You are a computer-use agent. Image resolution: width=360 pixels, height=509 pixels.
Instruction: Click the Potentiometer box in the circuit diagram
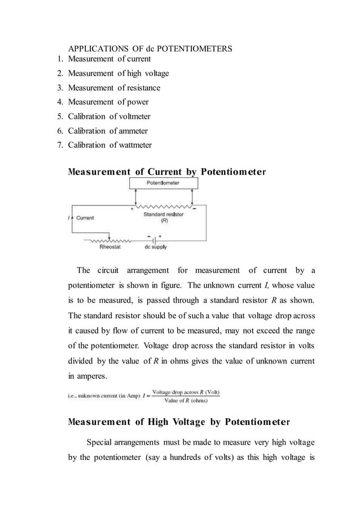coord(163,183)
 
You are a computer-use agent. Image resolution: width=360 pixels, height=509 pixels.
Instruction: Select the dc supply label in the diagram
coord(155,247)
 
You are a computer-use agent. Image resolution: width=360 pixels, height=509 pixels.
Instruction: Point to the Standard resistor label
coord(162,217)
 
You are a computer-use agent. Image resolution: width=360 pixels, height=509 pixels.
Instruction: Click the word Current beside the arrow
coord(85,217)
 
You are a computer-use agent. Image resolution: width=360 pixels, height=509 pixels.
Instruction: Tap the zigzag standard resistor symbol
coord(164,206)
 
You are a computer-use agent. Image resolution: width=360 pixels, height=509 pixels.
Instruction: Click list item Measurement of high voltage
coord(118,73)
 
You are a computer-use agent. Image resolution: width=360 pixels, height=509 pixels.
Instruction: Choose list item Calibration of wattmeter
coord(109,145)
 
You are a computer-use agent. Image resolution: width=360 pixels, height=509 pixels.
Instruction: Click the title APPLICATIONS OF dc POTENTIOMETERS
coord(150,49)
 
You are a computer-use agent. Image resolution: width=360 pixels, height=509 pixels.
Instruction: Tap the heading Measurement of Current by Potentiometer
coord(166,172)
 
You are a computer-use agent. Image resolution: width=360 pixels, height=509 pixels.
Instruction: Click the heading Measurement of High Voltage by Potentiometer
coord(179,422)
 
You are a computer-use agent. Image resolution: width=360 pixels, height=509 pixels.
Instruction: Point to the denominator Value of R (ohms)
coord(186,401)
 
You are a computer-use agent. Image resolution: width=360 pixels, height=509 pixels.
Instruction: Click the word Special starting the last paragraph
coord(101,442)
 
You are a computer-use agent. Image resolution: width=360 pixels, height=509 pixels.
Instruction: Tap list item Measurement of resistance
coord(114,87)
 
